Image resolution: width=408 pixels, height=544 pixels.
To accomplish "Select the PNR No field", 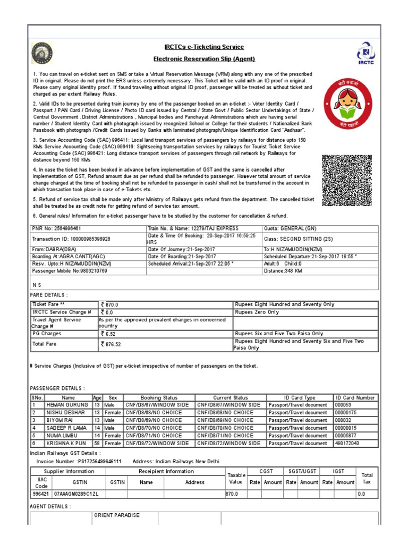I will (x=57, y=228).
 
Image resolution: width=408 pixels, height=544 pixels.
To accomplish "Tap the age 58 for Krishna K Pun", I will (x=97, y=443).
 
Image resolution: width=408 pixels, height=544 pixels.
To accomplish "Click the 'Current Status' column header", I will (x=230, y=397).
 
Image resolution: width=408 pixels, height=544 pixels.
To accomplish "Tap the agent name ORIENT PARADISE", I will (x=117, y=515).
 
